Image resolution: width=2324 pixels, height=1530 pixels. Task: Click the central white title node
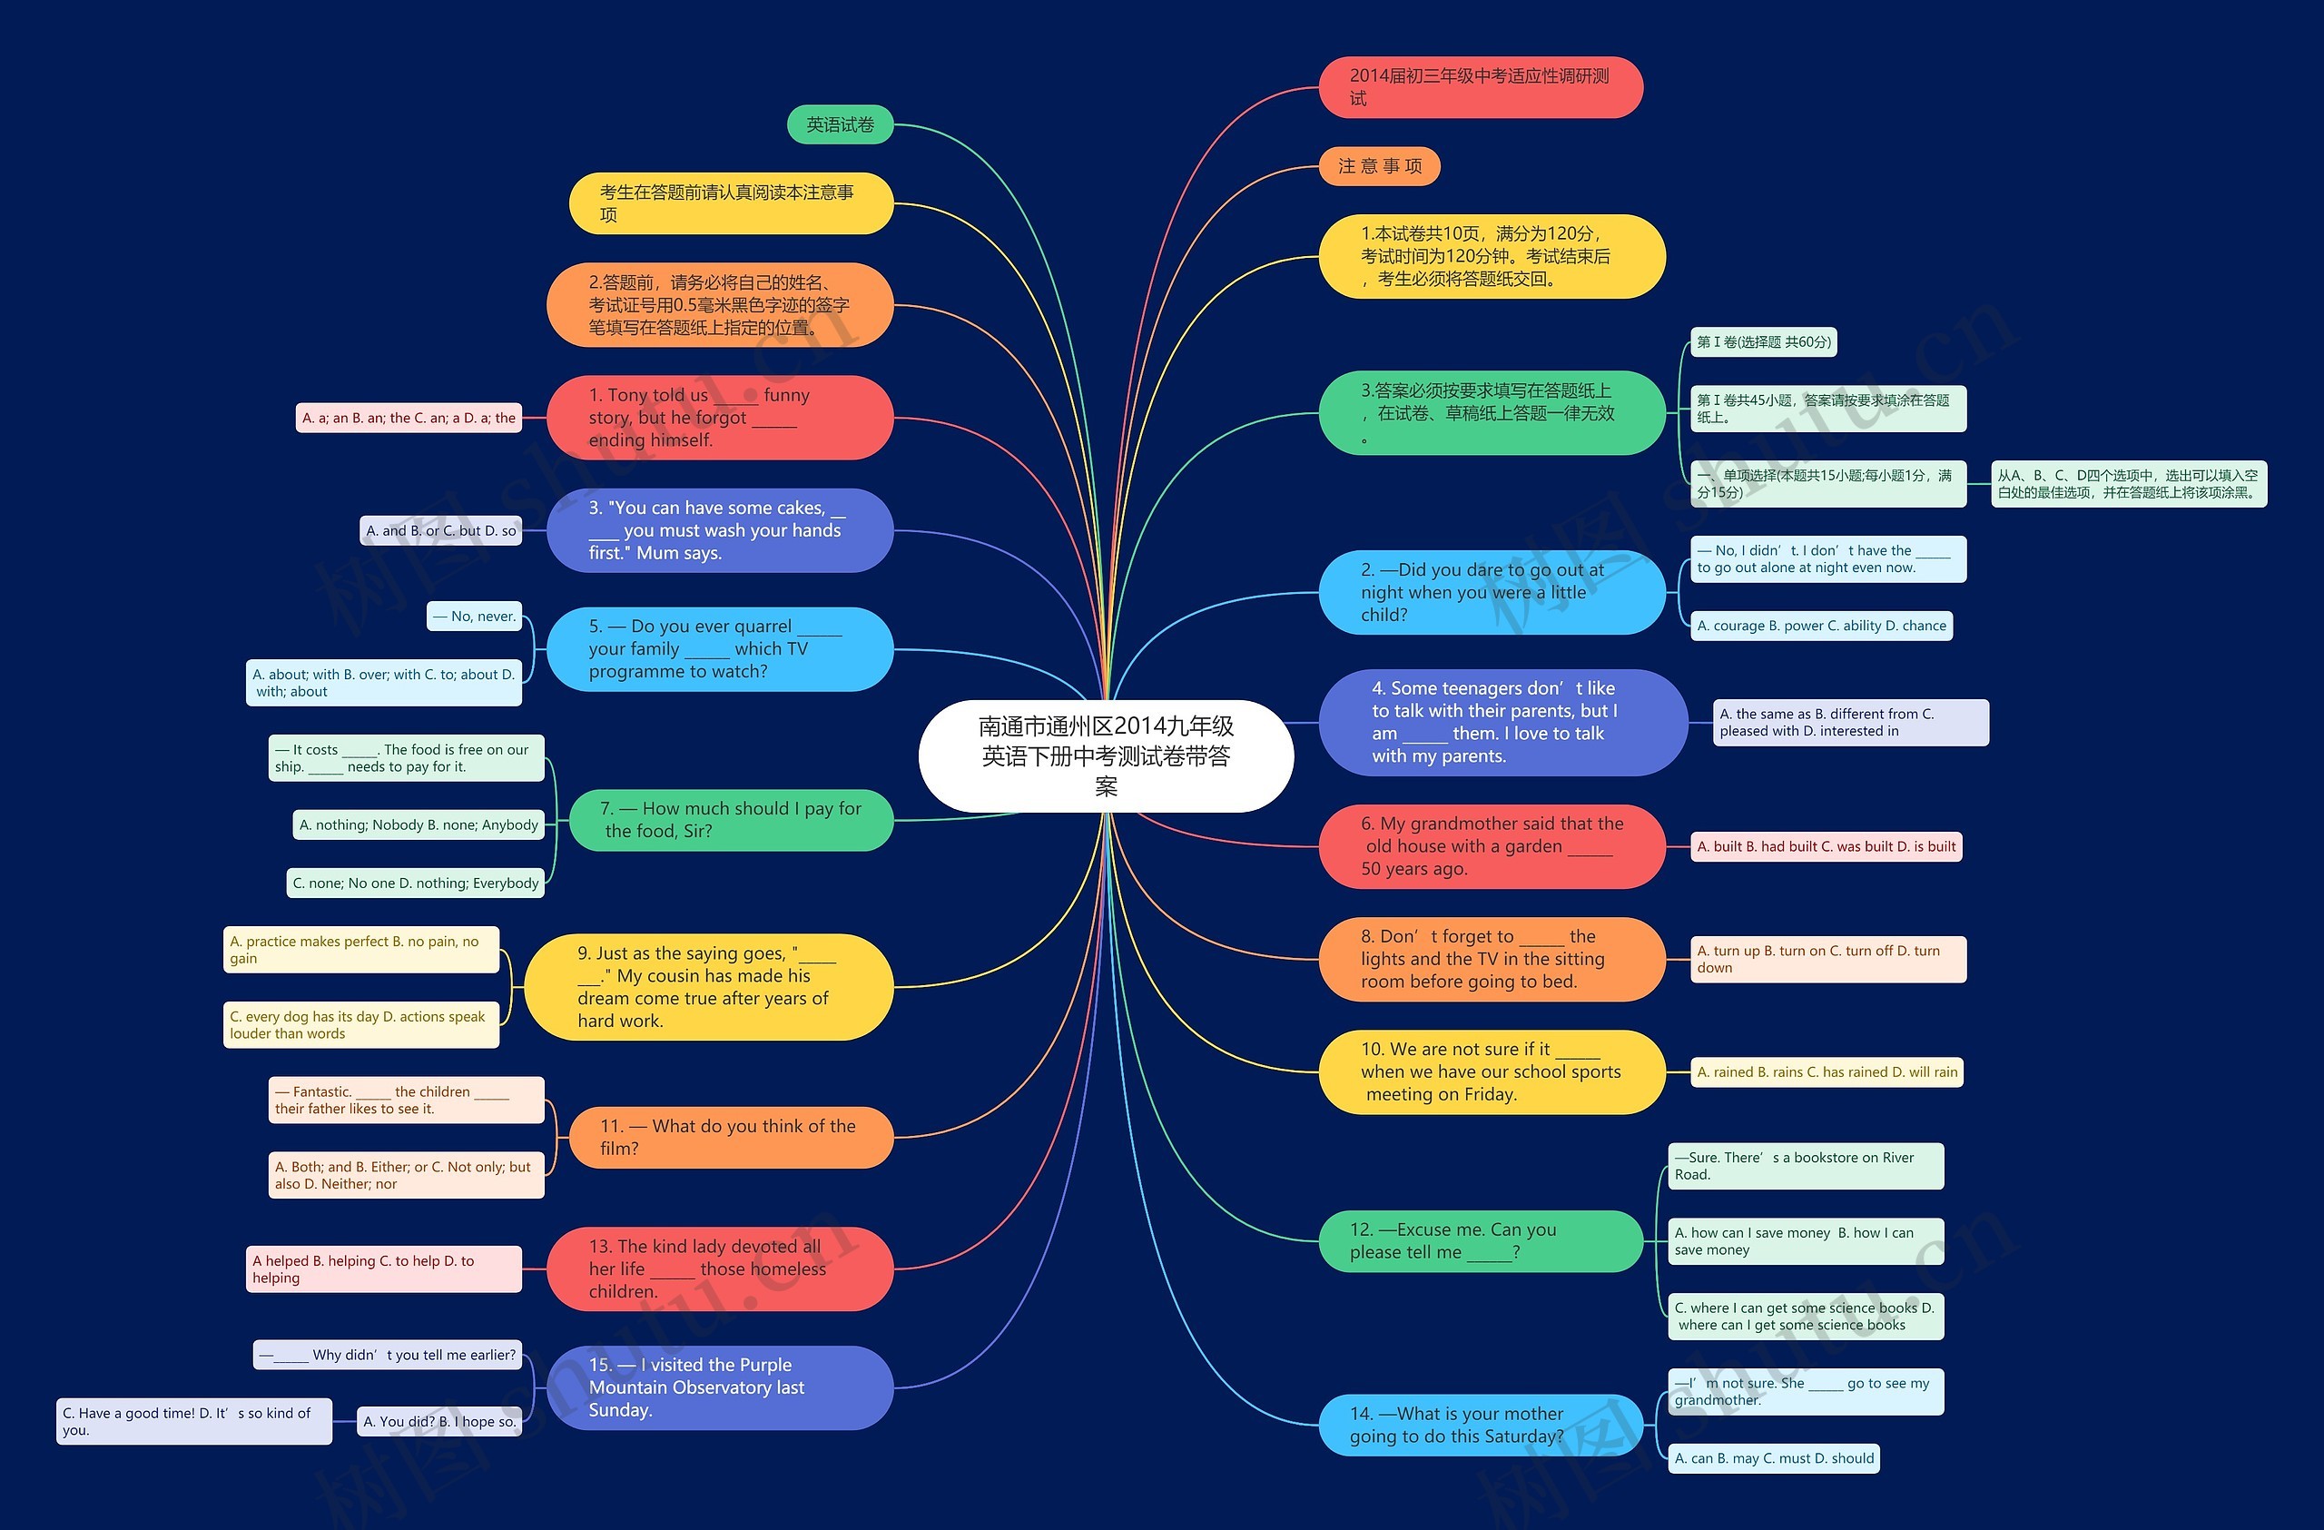point(1106,755)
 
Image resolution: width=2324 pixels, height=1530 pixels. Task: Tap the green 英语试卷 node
point(840,125)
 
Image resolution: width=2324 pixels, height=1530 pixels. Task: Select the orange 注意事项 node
point(1379,166)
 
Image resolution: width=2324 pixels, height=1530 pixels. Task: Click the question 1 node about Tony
point(720,418)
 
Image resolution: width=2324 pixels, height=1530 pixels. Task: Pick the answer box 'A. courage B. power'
point(1821,626)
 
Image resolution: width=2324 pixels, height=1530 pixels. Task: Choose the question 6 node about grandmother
point(1491,846)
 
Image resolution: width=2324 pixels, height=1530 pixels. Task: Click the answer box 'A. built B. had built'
point(1826,846)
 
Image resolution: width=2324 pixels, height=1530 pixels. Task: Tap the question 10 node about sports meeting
point(1491,1072)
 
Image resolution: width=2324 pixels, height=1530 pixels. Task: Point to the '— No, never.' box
point(475,617)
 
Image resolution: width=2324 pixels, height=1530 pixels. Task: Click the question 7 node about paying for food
point(731,820)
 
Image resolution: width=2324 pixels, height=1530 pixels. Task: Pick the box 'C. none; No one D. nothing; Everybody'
point(416,883)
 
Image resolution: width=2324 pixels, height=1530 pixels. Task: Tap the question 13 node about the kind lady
point(720,1269)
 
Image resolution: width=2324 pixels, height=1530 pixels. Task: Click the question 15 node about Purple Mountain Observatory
point(720,1387)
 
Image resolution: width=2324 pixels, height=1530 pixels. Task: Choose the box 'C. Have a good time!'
point(193,1422)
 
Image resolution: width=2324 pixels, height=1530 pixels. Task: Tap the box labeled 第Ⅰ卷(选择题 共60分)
point(1764,341)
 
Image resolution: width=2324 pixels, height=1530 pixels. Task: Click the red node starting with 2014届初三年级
point(1481,87)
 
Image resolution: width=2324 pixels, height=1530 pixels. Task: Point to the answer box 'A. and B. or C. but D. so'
point(440,531)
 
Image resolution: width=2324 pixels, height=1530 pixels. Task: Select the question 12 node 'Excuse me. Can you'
point(1481,1241)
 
